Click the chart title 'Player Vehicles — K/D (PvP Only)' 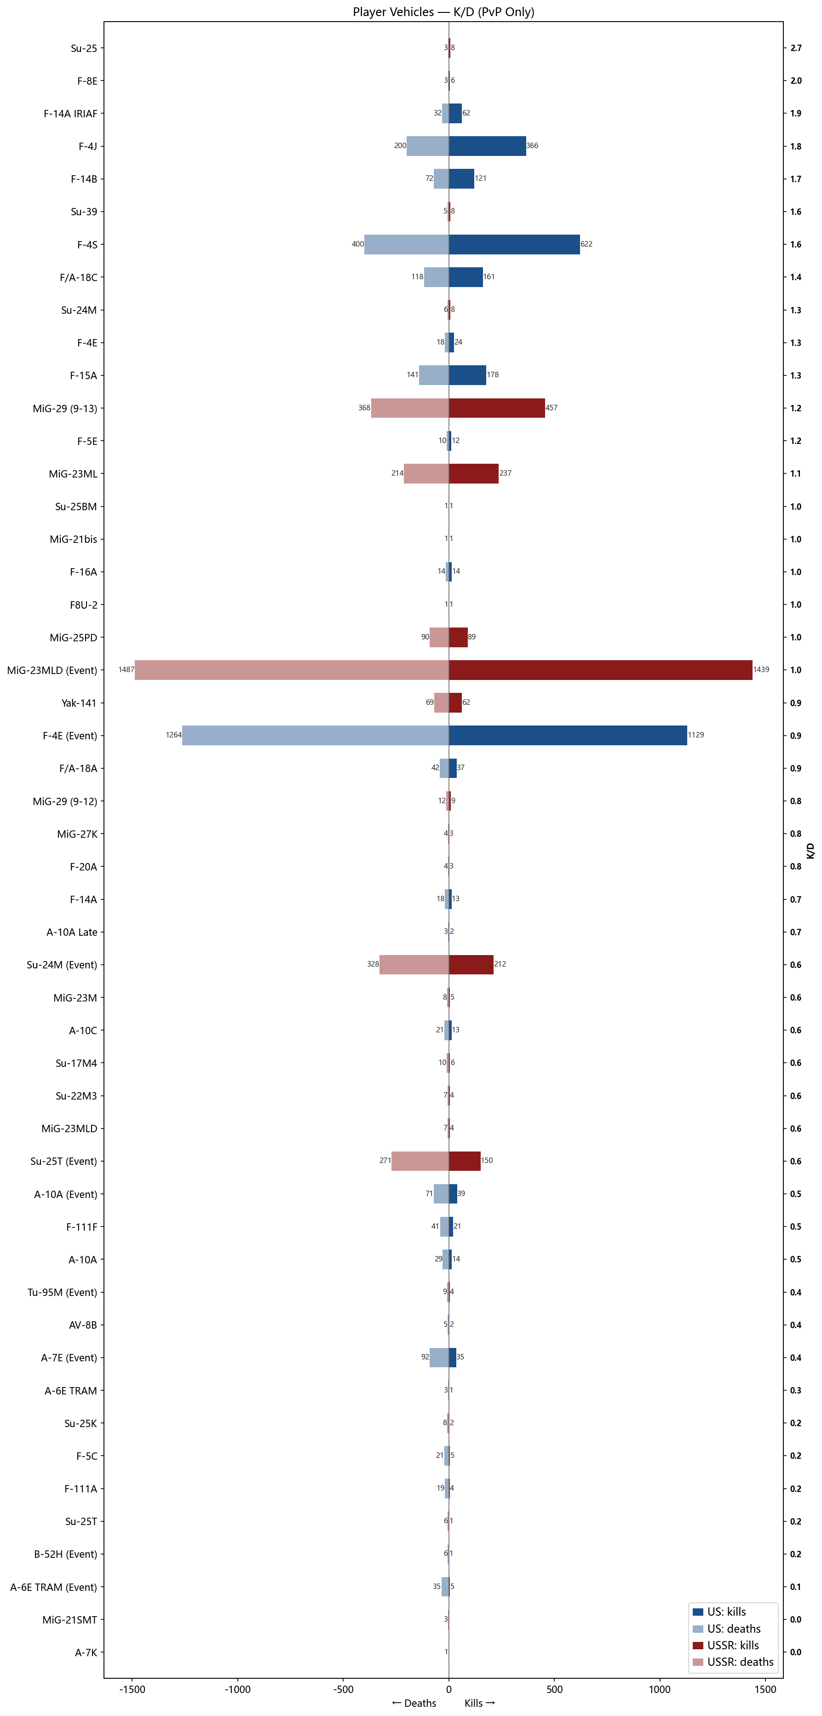pyautogui.click(x=443, y=12)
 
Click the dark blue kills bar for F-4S pyautogui.click(x=514, y=244)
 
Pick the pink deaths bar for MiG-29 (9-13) pyautogui.click(x=410, y=408)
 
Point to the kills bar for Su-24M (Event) pyautogui.click(x=471, y=964)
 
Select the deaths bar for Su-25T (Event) pyautogui.click(x=420, y=1160)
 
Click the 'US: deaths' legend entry pyautogui.click(x=733, y=1628)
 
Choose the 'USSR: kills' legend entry pyautogui.click(x=733, y=1645)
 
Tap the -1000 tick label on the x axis pyautogui.click(x=237, y=1689)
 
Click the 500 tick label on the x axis pyautogui.click(x=554, y=1689)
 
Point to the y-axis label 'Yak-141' pyautogui.click(x=79, y=703)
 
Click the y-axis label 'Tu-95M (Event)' pyautogui.click(x=62, y=1292)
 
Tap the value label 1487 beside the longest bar pyautogui.click(x=126, y=669)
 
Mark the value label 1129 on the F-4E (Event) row pyautogui.click(x=696, y=735)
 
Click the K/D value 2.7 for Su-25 pyautogui.click(x=795, y=48)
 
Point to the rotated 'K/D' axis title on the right pyautogui.click(x=810, y=851)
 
